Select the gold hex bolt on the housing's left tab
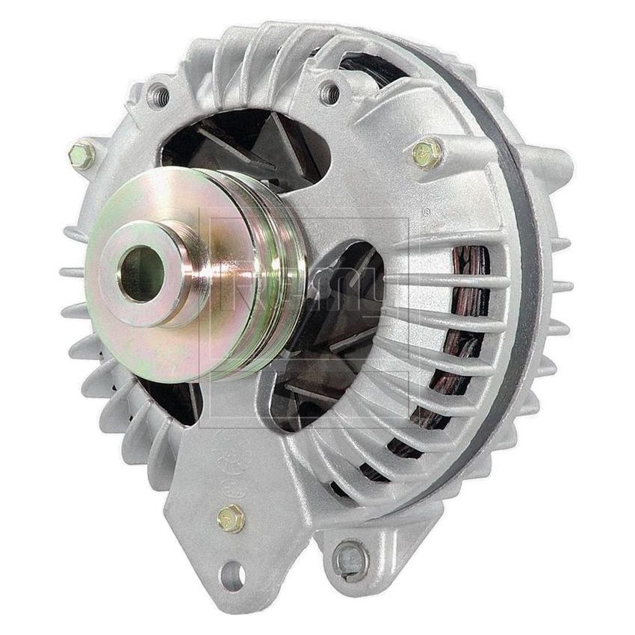81,155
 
